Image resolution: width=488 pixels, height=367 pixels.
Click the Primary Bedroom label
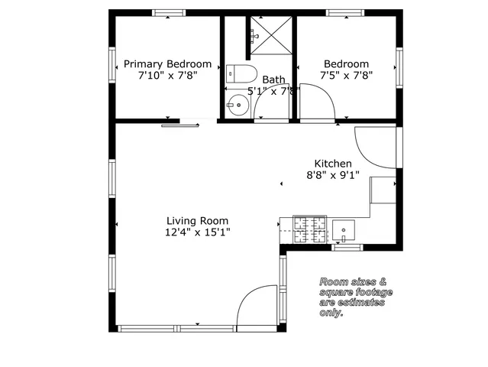(167, 64)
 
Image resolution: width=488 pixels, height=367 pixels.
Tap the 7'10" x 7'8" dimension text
(167, 76)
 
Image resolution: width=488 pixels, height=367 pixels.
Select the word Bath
(273, 80)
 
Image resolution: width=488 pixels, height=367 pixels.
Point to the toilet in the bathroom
(239, 74)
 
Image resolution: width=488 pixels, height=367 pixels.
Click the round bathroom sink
(237, 105)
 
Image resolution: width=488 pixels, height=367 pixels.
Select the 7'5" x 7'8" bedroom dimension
(346, 76)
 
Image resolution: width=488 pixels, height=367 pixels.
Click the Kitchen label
(334, 164)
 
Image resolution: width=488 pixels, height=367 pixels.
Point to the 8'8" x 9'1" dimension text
(334, 175)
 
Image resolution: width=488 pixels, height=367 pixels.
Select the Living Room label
(198, 221)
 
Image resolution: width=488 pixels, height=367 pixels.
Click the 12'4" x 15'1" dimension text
(198, 232)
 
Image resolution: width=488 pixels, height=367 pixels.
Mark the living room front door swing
(257, 307)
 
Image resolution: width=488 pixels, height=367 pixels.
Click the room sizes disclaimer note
(355, 297)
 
